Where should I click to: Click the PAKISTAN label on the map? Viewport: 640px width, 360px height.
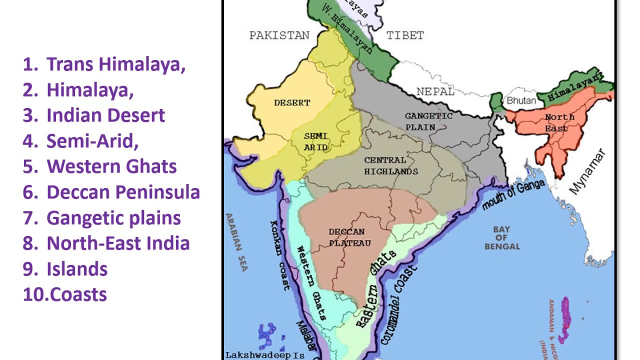pyautogui.click(x=279, y=35)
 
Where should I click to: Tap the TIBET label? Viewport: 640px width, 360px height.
pyautogui.click(x=405, y=35)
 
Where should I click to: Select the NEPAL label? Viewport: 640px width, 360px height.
pyautogui.click(x=435, y=92)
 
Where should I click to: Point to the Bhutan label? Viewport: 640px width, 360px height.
pyautogui.click(x=521, y=100)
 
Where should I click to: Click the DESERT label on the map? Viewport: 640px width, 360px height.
pyautogui.click(x=292, y=103)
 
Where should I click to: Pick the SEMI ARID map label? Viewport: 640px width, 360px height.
pyautogui.click(x=316, y=141)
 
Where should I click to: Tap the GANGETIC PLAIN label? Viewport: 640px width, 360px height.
pyautogui.click(x=428, y=121)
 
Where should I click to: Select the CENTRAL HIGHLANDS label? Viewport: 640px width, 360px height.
pyautogui.click(x=391, y=166)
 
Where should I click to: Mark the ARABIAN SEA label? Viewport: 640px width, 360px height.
pyautogui.click(x=236, y=242)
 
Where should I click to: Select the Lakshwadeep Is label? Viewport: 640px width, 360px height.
pyautogui.click(x=265, y=355)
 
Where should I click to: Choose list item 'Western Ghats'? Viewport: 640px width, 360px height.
pyautogui.click(x=111, y=166)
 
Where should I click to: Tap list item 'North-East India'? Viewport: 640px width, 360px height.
pyautogui.click(x=118, y=243)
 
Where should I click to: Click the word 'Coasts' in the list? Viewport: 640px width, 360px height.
pyautogui.click(x=79, y=294)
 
